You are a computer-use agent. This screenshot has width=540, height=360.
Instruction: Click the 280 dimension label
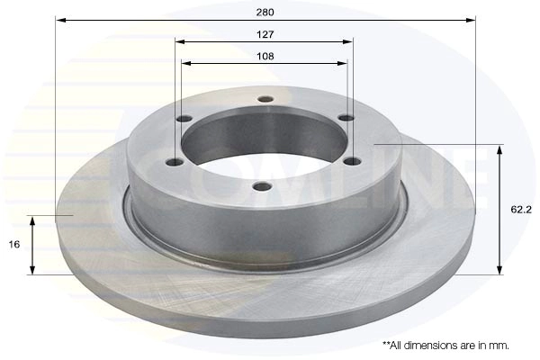coord(265,13)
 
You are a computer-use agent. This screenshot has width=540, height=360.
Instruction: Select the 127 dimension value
coord(265,34)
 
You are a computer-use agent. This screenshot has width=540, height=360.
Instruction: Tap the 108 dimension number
coord(265,56)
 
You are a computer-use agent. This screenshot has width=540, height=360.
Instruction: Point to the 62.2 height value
coord(521,210)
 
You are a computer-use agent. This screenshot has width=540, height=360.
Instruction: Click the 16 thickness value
coord(14,245)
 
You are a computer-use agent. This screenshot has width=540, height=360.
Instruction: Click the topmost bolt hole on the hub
coord(265,100)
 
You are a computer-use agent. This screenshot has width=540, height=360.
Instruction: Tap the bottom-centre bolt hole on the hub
coord(263,186)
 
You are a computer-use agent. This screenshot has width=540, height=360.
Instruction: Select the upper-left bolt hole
coord(184,119)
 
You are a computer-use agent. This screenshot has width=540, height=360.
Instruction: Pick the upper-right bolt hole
coord(346,118)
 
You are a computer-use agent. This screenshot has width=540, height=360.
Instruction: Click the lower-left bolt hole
coord(175,162)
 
